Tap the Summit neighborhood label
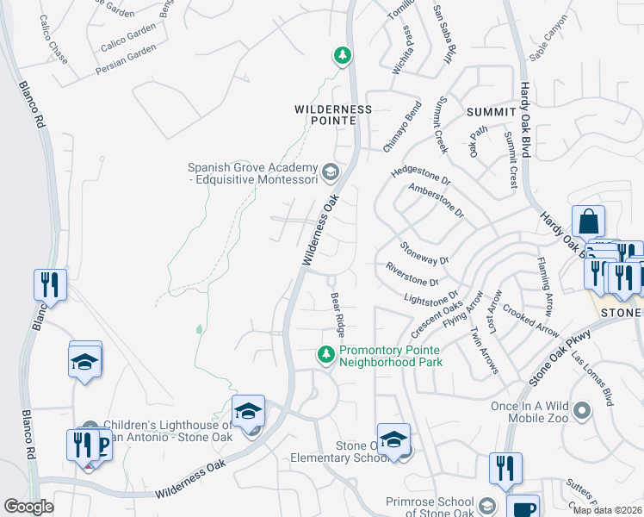tap(490, 112)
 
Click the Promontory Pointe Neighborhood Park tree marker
tap(326, 354)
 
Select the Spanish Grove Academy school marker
tap(329, 173)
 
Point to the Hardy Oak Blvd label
tap(523, 121)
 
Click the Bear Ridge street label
tap(338, 315)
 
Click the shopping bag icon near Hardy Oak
tap(588, 222)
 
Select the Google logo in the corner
tap(29, 506)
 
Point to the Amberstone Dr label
tap(437, 200)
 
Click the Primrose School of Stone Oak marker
tap(487, 505)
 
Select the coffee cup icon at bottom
tap(523, 508)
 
